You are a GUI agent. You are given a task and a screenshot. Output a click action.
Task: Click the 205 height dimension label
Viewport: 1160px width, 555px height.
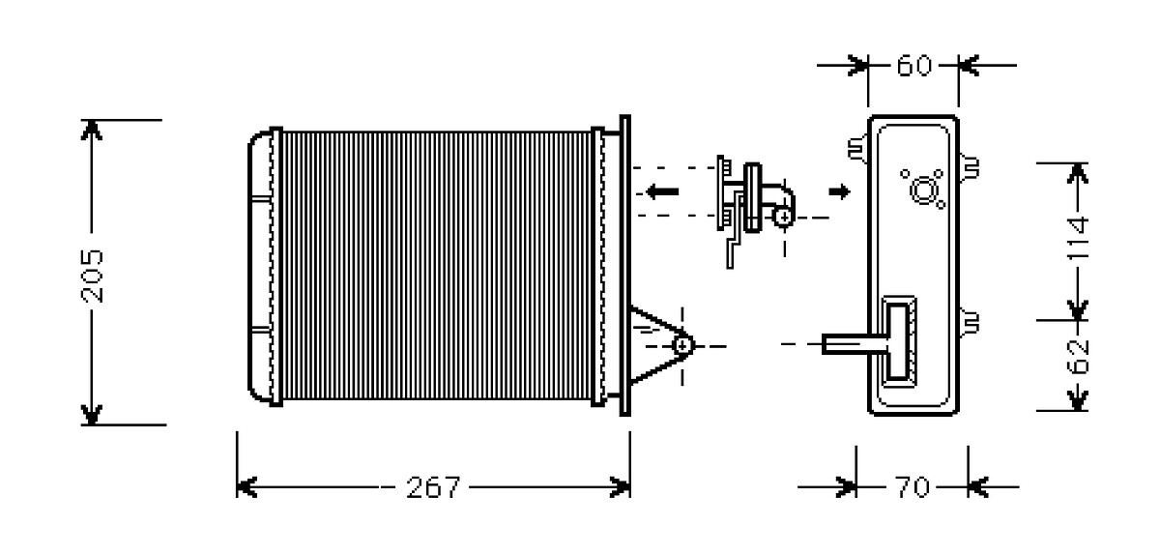(93, 276)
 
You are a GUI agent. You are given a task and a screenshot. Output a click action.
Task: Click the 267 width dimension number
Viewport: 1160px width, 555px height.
(433, 487)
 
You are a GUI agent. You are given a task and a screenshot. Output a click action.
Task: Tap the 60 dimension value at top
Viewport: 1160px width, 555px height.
(914, 66)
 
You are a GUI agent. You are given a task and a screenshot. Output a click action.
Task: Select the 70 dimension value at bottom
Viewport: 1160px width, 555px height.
(912, 487)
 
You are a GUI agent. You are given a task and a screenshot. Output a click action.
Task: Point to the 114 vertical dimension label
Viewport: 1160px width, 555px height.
(1079, 239)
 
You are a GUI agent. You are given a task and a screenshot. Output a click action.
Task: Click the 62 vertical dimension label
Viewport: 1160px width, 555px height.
(1079, 357)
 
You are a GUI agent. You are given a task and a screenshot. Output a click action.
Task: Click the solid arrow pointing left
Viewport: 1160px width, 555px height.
(662, 191)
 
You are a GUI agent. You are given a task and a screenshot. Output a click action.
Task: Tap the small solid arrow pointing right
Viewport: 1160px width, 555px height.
(839, 191)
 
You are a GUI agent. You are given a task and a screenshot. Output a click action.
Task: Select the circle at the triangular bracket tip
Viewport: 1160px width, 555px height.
(682, 345)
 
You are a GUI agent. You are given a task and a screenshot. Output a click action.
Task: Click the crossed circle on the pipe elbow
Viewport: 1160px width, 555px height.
(784, 217)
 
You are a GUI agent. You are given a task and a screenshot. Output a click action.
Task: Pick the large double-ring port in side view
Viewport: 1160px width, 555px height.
(924, 190)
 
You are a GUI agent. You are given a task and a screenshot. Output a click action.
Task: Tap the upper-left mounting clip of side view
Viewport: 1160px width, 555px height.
(858, 149)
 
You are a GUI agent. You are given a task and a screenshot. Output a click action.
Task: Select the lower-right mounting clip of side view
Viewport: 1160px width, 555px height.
(969, 322)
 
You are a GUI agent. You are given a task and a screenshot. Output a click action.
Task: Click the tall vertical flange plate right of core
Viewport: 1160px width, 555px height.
(625, 265)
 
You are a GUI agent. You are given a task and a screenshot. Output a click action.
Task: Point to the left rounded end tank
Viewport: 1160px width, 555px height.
(260, 266)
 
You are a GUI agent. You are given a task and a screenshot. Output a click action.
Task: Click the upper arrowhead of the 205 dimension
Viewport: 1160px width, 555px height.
(91, 131)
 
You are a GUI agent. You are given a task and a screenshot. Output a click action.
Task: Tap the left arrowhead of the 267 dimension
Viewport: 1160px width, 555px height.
(246, 487)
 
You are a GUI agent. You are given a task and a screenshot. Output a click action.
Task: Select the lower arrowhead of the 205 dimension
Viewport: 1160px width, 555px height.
(91, 415)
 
